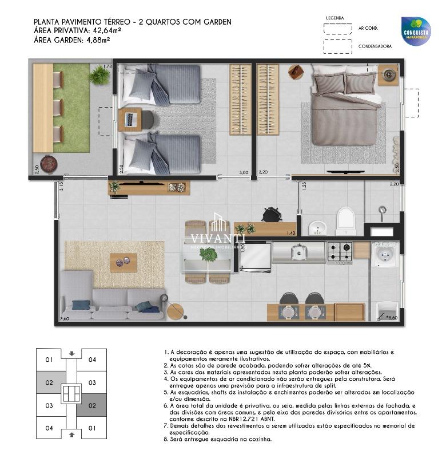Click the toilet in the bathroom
click(346, 220)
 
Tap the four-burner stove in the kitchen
click(339, 251)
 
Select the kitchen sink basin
click(298, 251)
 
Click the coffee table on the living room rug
click(124, 262)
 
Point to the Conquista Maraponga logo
click(416, 31)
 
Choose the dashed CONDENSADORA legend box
click(337, 46)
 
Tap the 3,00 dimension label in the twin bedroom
click(244, 172)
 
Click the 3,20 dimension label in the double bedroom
click(263, 172)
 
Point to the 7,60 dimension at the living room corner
click(64, 318)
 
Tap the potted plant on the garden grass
click(99, 74)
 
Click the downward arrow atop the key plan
click(71, 353)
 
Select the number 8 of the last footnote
click(166, 439)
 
